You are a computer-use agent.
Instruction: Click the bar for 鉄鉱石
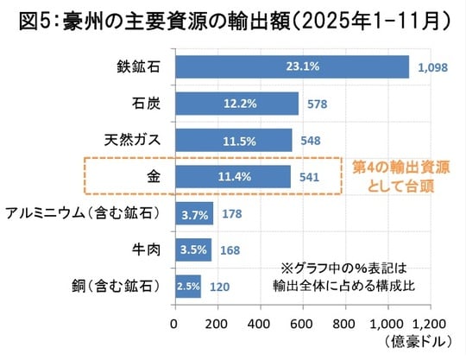[x=291, y=66]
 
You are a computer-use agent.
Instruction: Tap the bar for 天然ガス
[x=232, y=140]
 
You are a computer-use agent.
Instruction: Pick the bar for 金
[x=232, y=177]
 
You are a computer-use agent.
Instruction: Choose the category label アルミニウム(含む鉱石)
[x=86, y=213]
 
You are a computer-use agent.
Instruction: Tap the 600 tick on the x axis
[x=300, y=324]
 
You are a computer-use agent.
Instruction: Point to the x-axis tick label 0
[x=174, y=324]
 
